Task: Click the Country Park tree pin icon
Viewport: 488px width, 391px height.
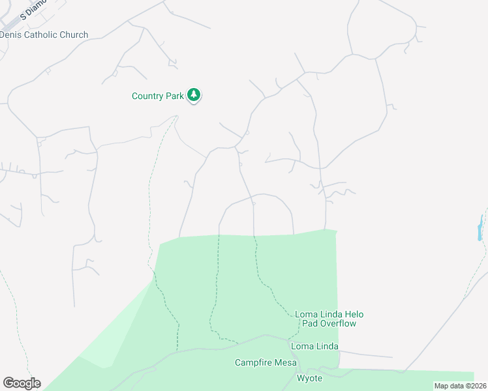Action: (x=194, y=95)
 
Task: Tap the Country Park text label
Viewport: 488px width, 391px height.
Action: (x=157, y=96)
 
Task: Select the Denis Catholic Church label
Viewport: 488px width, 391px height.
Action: (x=44, y=35)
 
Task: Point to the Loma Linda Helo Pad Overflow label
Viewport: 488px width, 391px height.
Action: (x=326, y=318)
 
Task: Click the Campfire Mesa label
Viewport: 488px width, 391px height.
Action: (x=266, y=362)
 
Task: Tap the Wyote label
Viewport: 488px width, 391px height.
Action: (x=309, y=378)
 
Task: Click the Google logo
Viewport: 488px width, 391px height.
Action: (x=22, y=383)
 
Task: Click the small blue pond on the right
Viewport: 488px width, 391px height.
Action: (x=481, y=228)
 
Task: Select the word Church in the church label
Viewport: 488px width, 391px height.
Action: (x=73, y=35)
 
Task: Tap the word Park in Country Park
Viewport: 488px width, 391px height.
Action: (x=174, y=96)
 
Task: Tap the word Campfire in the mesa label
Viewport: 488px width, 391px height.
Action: (x=254, y=362)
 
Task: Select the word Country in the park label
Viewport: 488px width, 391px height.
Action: (x=147, y=96)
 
